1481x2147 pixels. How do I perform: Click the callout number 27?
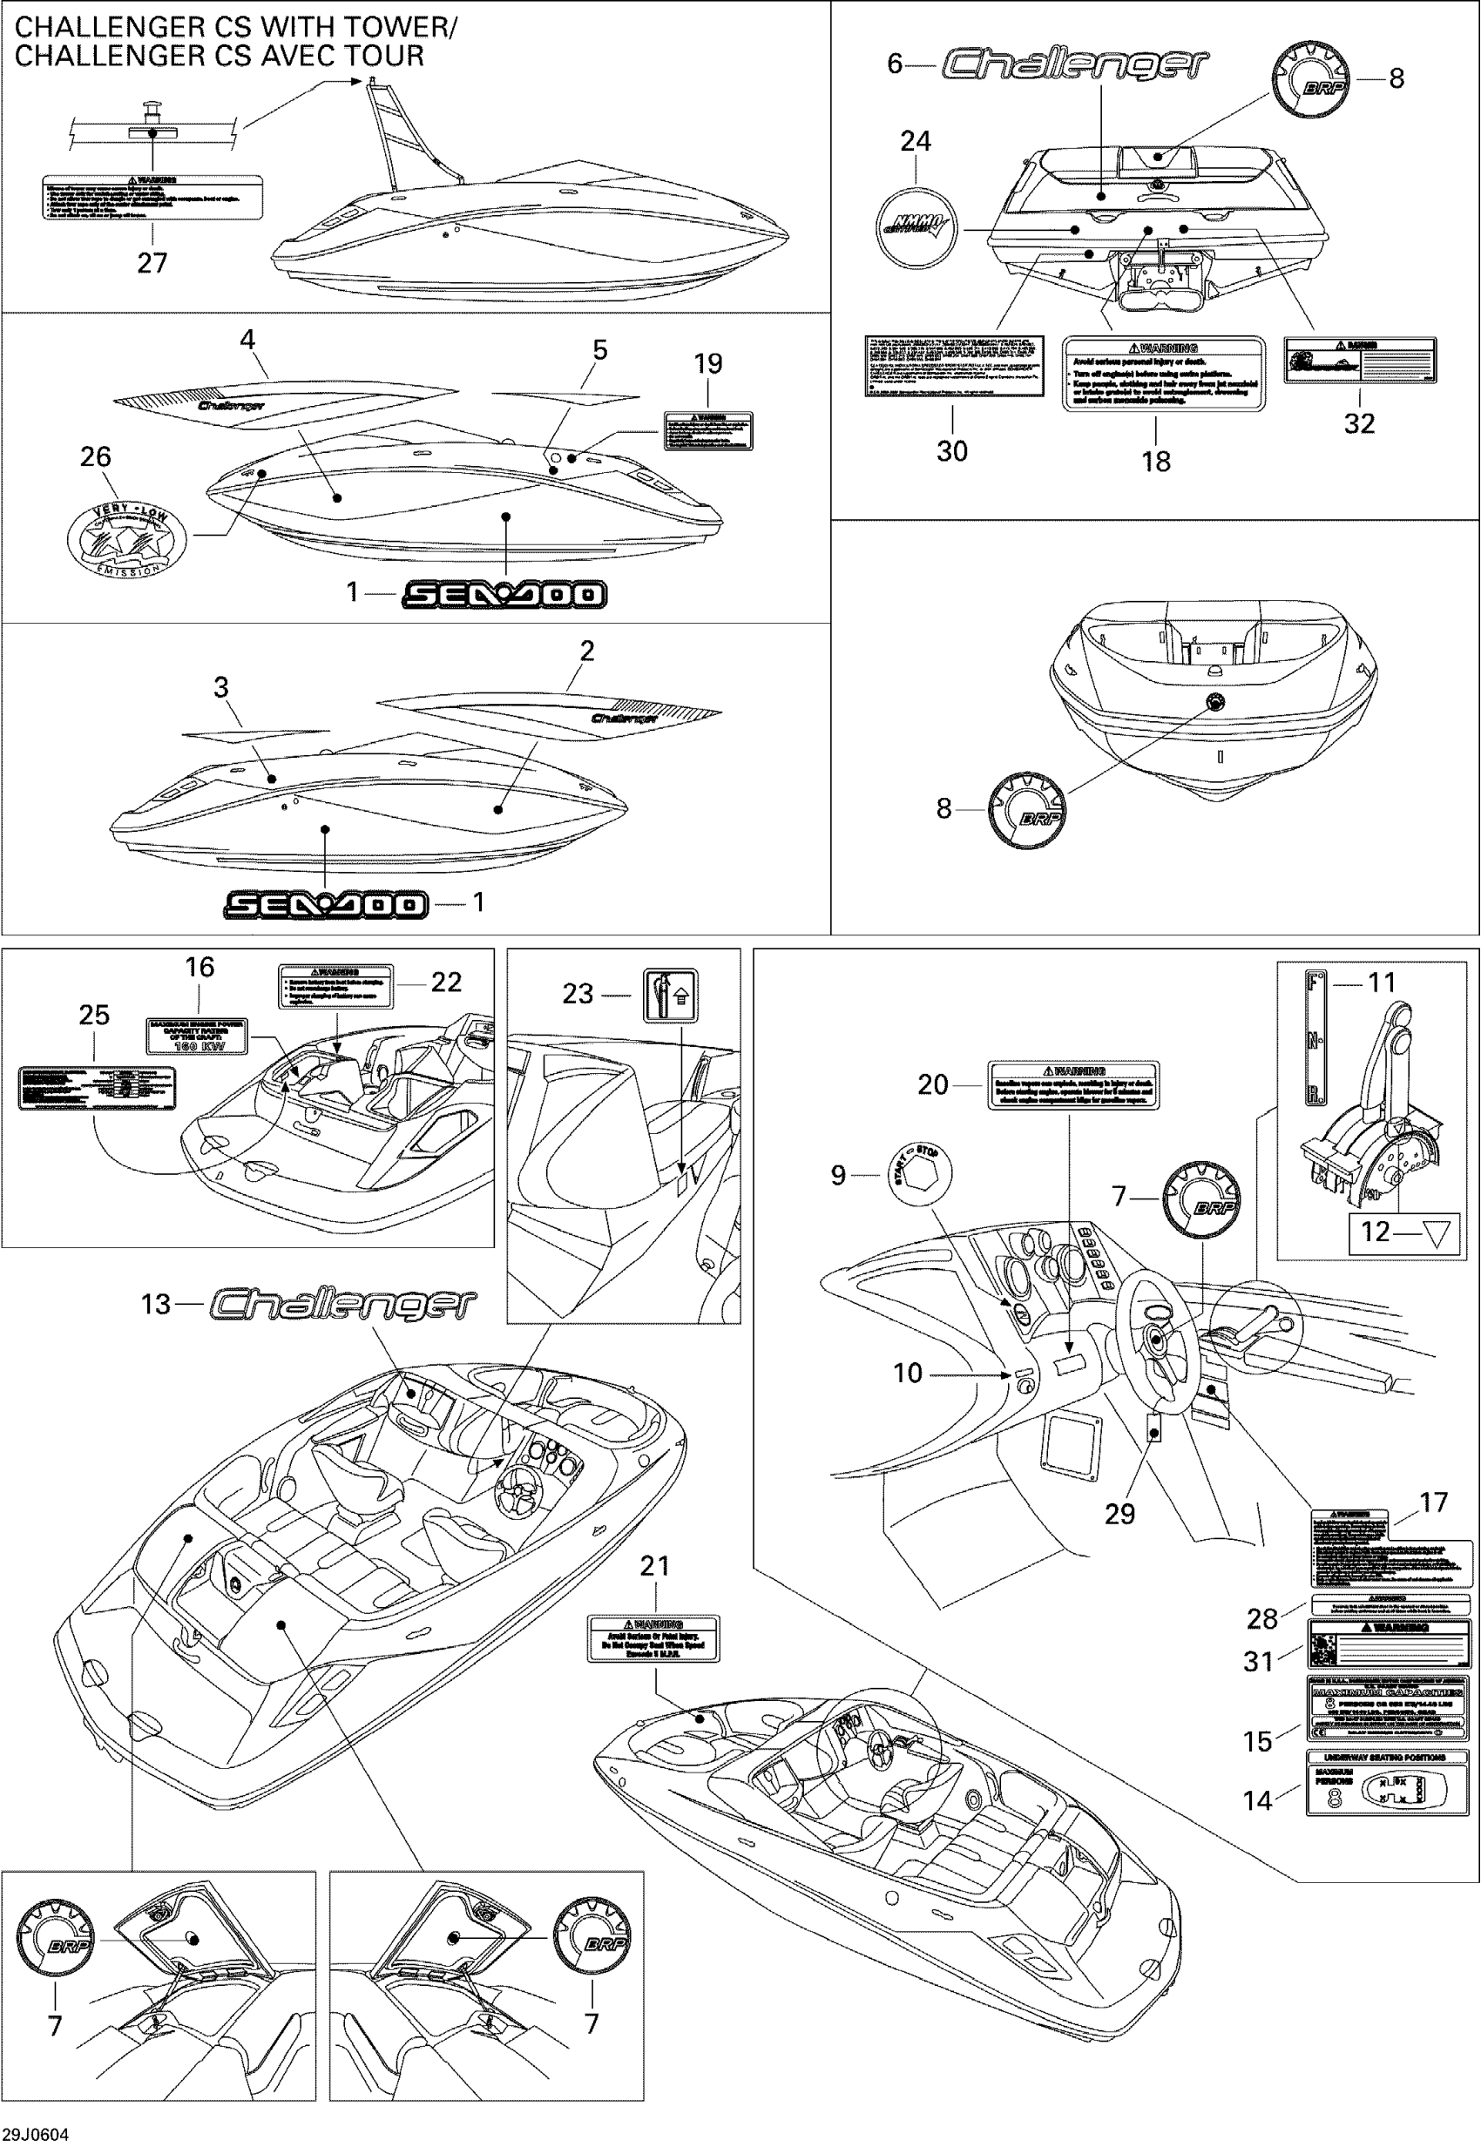pyautogui.click(x=152, y=264)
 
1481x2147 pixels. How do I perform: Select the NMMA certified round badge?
pyautogui.click(x=916, y=228)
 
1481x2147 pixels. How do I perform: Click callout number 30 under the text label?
pyautogui.click(x=952, y=452)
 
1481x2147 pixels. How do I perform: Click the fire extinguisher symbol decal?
pyautogui.click(x=671, y=996)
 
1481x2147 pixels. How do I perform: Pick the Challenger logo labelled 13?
pyautogui.click(x=342, y=1304)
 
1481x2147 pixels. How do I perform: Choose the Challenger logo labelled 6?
pyautogui.click(x=1074, y=64)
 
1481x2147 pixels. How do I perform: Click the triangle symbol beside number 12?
pyautogui.click(x=1435, y=1232)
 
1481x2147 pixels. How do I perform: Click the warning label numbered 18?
pyautogui.click(x=1163, y=373)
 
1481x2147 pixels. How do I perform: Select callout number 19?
pyautogui.click(x=708, y=365)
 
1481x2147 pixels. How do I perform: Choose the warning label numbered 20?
pyautogui.click(x=1072, y=1085)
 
